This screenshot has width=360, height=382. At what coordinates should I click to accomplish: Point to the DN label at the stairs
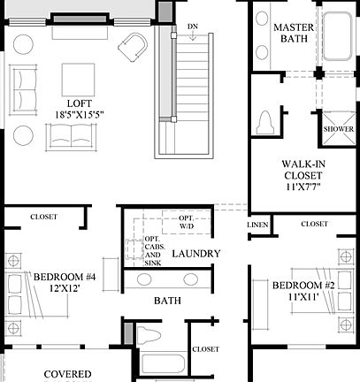click(x=194, y=27)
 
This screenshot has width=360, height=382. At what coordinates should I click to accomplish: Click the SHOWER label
click(x=338, y=129)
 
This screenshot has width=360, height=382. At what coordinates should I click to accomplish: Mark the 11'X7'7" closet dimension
click(x=306, y=187)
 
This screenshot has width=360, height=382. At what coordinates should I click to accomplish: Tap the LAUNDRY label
click(x=195, y=255)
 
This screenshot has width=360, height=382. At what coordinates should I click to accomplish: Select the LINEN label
click(x=256, y=226)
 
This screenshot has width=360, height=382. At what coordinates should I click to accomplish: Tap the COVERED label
click(x=68, y=374)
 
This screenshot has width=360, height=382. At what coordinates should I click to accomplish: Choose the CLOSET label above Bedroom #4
click(x=43, y=217)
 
